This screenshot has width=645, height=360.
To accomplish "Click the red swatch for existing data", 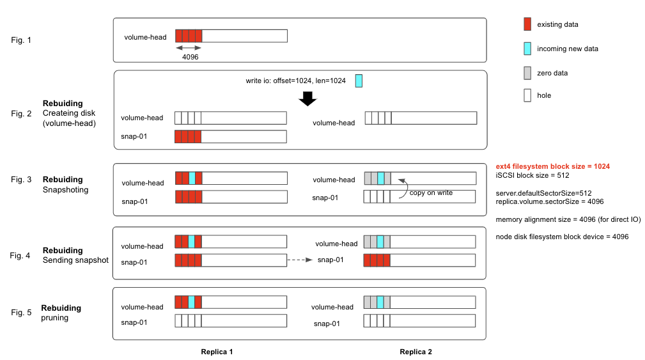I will (527, 24).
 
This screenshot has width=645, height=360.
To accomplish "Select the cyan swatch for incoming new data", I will (527, 48).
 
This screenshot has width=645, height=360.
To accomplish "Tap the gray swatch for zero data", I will (527, 72).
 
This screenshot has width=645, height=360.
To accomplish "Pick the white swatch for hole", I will (527, 95).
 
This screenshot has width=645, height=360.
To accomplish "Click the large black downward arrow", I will (308, 98).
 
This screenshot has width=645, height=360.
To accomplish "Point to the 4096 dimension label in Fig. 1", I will (190, 56).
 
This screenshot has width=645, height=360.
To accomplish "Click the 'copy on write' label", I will (431, 192).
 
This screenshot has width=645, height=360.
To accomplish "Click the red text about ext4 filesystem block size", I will (557, 166).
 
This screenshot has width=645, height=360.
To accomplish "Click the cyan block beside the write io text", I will (359, 80).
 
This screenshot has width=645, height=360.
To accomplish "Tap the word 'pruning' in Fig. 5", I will (55, 317).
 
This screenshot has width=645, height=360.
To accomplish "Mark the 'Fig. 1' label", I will (21, 40).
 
